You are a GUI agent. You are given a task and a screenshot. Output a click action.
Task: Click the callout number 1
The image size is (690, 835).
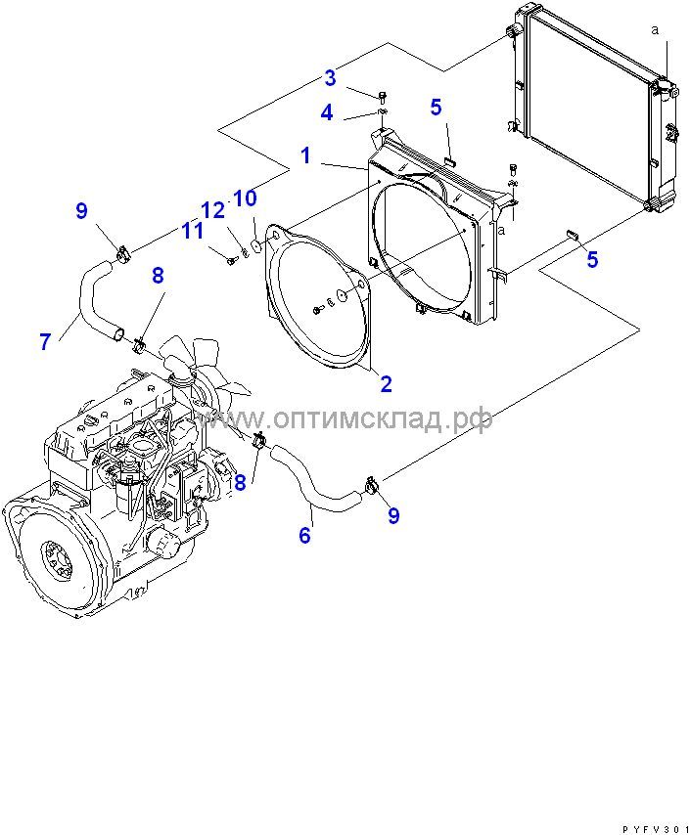306,155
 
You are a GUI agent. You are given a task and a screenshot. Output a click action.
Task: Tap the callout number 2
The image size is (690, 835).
386,383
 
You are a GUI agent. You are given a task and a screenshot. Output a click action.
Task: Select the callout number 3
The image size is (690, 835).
331,78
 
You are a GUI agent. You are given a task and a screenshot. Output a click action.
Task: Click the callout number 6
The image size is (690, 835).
304,535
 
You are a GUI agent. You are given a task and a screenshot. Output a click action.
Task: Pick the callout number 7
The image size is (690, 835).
45,341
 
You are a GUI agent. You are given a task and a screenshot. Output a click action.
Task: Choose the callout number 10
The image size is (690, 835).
245,198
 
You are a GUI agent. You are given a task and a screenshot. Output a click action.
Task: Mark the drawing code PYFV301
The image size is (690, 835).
653,826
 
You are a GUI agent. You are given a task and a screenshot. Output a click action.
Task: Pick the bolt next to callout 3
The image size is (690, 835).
382,95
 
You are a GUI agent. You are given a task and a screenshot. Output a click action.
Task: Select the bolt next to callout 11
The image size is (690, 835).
231,260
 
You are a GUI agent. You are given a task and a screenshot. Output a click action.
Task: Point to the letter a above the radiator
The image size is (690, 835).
654,29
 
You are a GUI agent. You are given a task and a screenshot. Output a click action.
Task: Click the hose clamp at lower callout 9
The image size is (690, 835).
372,482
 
